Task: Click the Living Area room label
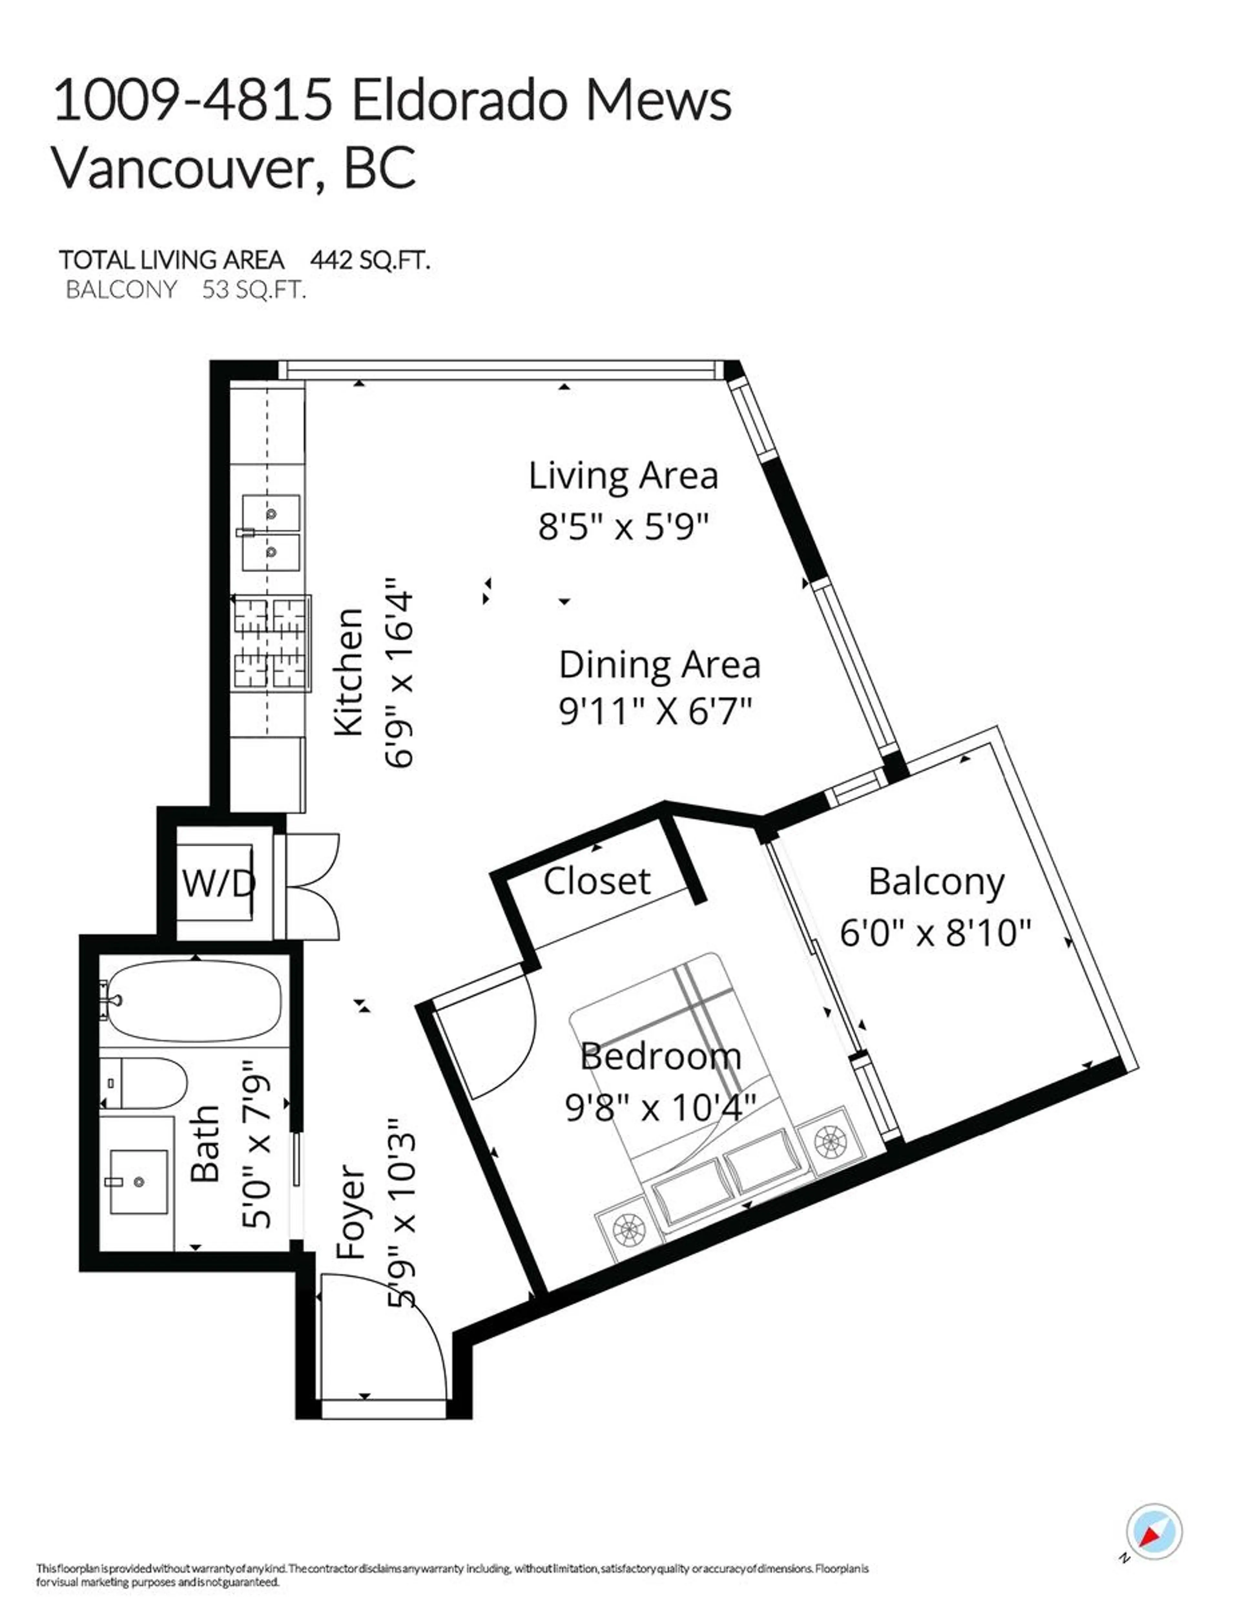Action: pos(623,476)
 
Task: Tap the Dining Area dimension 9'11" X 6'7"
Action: pos(656,712)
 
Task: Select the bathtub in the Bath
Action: pos(195,1001)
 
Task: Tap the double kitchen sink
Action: pos(271,532)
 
